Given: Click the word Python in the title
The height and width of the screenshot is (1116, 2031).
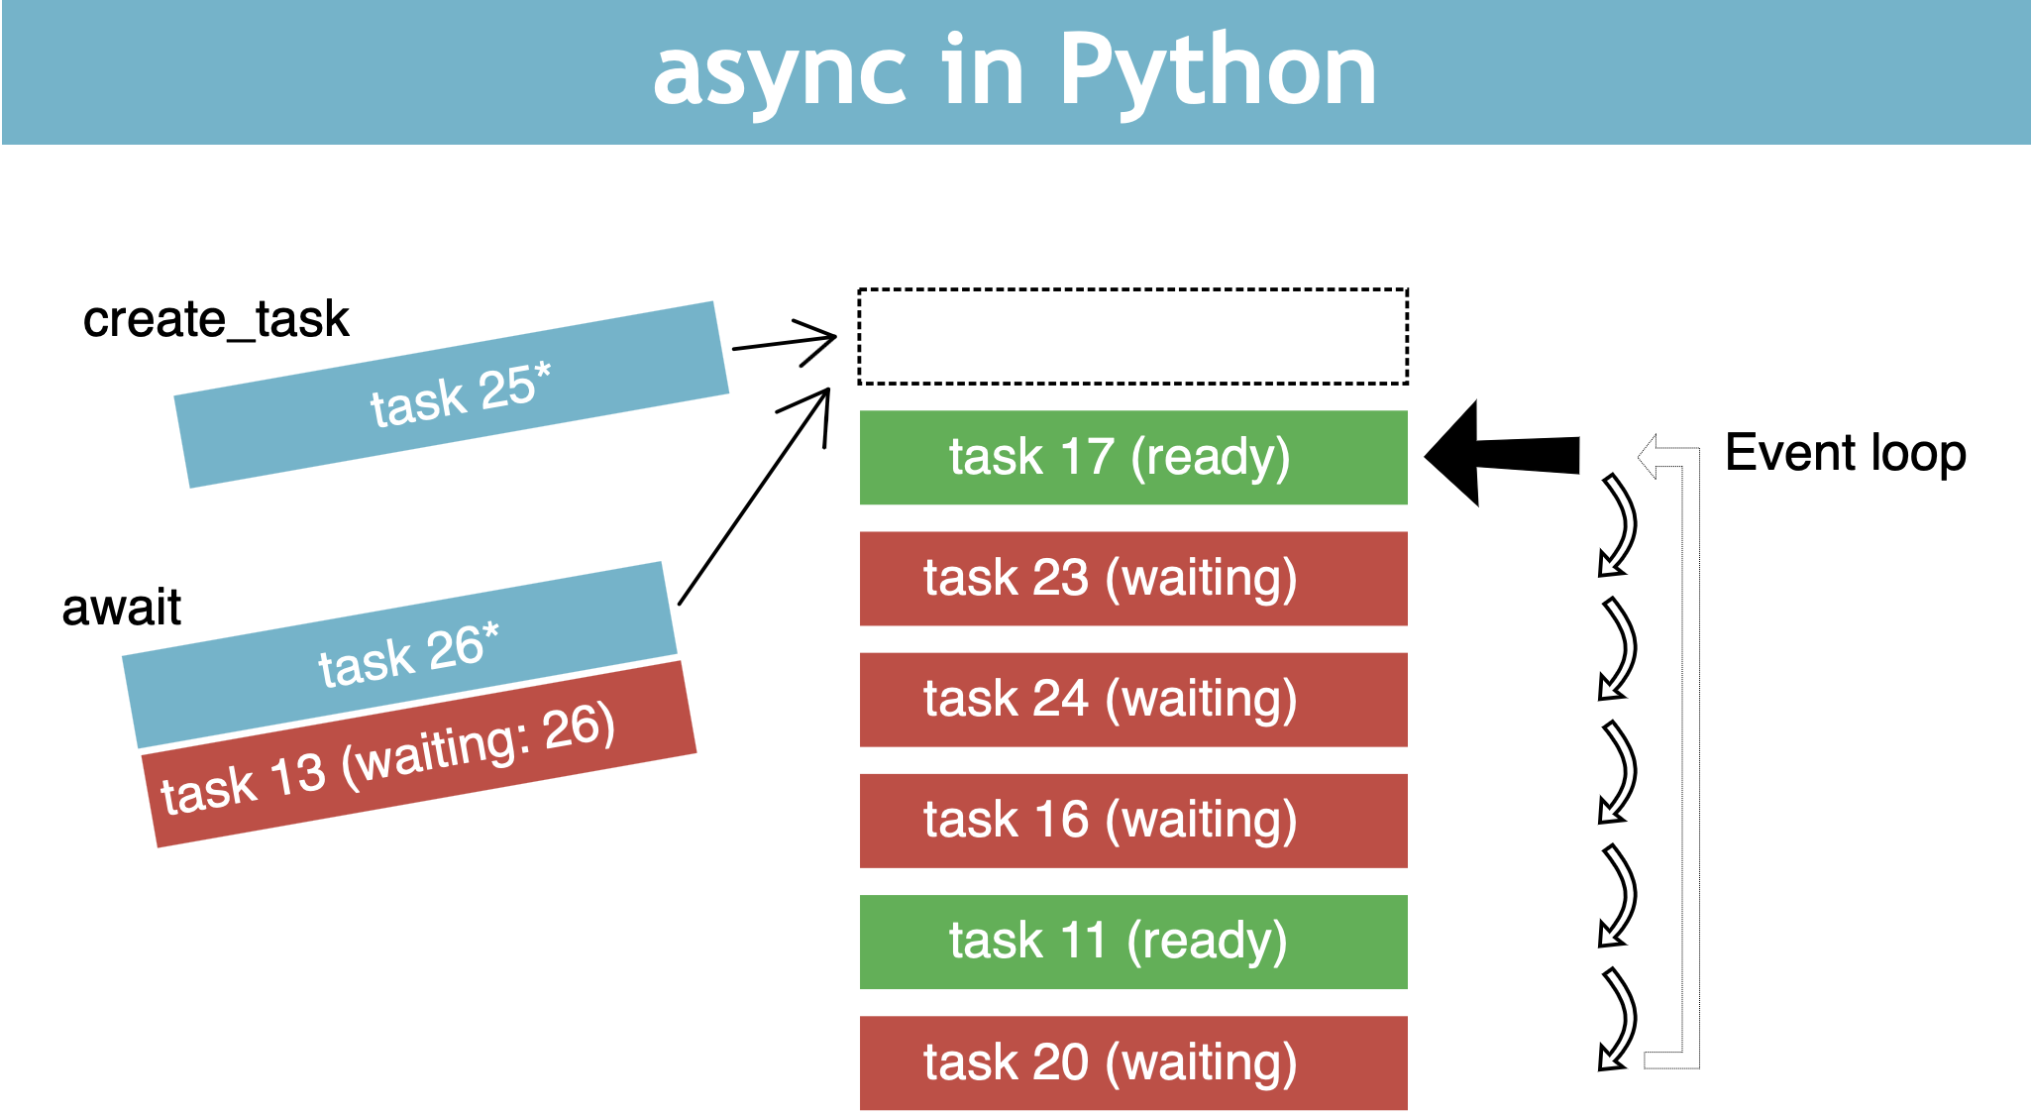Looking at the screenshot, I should point(1218,71).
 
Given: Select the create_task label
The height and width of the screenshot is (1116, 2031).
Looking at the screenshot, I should point(216,319).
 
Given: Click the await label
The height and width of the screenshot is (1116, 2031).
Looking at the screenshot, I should point(121,607).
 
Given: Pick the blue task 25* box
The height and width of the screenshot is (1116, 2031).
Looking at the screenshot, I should point(452,394).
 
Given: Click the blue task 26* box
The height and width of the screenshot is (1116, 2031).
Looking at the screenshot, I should point(400,654).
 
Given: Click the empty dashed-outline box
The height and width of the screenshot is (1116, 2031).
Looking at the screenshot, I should point(1132,336).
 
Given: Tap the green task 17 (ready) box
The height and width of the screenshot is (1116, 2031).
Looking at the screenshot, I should point(1132,457).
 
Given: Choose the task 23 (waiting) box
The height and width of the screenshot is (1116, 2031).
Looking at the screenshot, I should point(1132,578).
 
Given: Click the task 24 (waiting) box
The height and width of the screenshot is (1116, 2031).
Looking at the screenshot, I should point(1132,699).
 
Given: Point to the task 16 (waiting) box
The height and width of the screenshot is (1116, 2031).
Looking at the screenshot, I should point(1132,820).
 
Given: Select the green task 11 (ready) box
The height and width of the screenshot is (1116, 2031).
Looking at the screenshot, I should point(1132,941).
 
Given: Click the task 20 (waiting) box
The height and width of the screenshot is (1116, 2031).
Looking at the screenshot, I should point(1132,1061).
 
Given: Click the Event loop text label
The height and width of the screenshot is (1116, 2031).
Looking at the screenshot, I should point(1845,453).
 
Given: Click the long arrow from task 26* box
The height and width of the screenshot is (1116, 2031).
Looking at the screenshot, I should point(754,496).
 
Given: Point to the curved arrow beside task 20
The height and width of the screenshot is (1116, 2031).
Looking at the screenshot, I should point(1618,1019).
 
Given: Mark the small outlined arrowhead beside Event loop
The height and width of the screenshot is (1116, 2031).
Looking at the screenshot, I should point(1653,456).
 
